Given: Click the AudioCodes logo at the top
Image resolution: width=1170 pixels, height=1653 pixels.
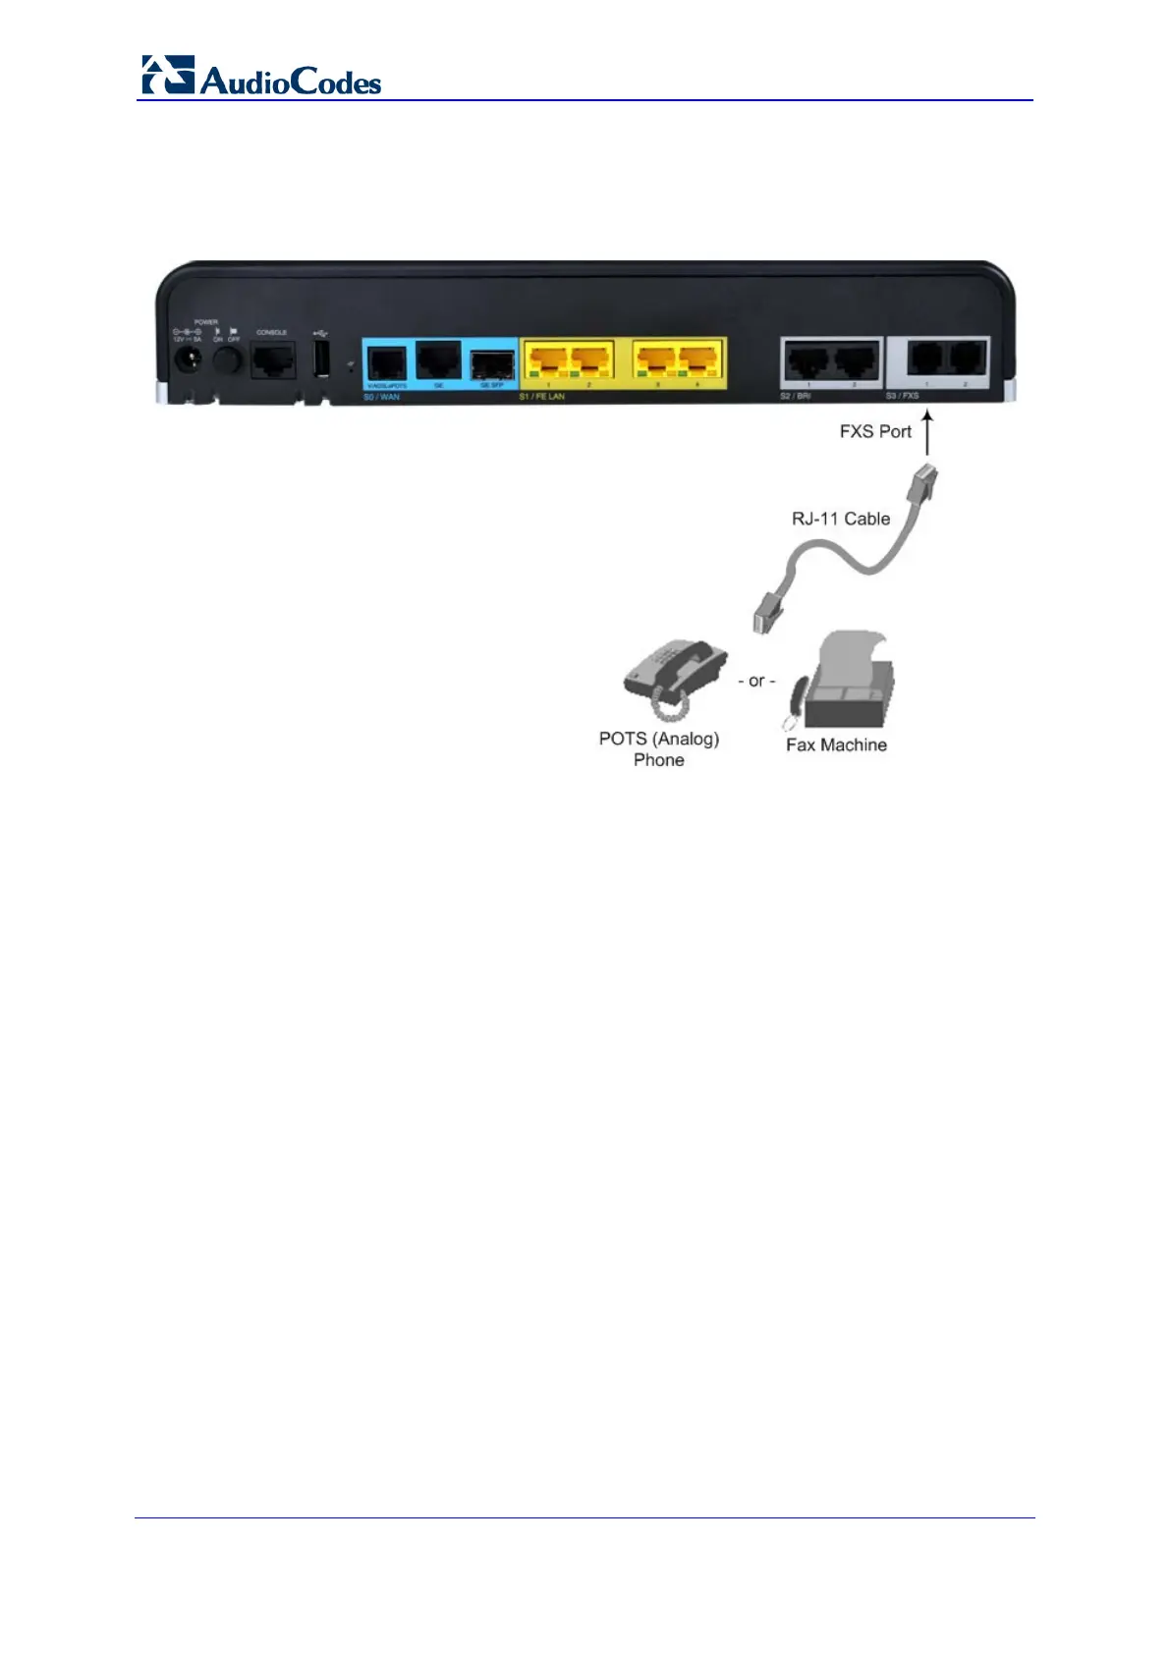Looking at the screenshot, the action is point(260,77).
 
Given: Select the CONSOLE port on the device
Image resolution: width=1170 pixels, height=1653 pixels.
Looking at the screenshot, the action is point(272,360).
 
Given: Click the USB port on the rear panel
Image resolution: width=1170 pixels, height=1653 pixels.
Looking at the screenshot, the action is point(321,359).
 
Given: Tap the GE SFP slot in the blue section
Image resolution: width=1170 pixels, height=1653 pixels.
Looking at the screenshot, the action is point(492,363).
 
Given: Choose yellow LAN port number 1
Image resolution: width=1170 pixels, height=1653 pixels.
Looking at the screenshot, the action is point(548,360).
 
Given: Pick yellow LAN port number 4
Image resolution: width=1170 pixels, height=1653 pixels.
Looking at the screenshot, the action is point(697,360).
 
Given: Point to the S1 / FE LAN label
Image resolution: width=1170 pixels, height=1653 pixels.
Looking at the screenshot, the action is point(542,397).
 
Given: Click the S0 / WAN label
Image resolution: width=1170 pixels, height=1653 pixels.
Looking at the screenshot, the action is point(382,397).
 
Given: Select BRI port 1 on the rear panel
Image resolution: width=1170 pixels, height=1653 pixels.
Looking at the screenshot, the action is point(808,361).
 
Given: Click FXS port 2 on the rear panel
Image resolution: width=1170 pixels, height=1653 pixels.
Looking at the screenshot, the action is point(966,358).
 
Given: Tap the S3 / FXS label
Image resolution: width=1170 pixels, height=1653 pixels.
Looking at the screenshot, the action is point(902,396).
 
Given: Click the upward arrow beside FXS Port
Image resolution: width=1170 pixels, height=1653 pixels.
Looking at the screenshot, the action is point(927,433).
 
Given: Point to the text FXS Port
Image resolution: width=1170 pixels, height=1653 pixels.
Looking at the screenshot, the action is point(875,431).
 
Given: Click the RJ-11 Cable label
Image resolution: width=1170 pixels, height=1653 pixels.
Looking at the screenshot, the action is point(841,519).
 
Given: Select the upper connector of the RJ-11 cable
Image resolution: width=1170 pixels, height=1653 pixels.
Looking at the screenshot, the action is point(924,482).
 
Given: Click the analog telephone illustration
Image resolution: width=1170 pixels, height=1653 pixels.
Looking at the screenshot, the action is point(674,676).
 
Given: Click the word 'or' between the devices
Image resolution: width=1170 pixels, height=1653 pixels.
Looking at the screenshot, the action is point(756,681).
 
